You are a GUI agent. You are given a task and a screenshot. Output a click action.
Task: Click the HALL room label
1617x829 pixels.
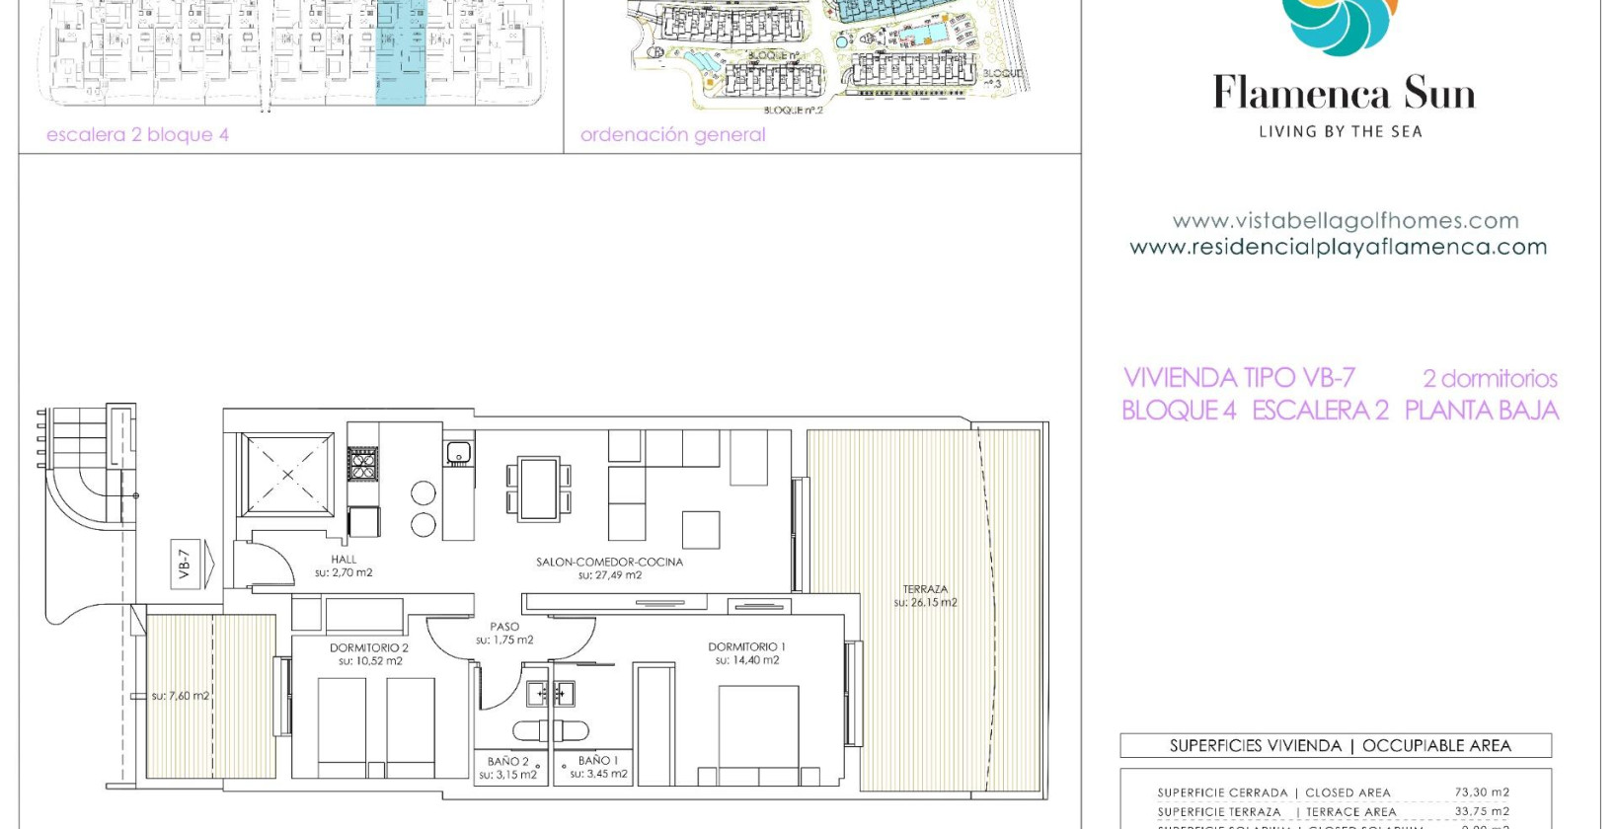(344, 560)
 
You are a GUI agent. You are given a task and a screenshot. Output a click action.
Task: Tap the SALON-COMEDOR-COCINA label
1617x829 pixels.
(609, 562)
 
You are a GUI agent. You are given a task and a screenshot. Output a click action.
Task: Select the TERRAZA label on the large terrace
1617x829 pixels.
(925, 589)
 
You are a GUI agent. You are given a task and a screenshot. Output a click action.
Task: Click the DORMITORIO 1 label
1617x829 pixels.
(746, 647)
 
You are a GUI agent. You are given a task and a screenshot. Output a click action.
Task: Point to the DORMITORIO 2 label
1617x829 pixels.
(369, 648)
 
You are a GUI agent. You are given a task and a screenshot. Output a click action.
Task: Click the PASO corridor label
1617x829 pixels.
(504, 627)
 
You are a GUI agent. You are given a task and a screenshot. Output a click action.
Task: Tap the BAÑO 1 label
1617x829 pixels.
(598, 761)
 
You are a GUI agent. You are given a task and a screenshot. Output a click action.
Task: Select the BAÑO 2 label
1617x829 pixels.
(507, 762)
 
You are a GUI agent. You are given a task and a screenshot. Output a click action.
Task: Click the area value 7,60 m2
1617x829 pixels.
(181, 696)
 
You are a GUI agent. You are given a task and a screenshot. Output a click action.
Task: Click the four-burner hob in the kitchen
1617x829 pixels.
(363, 463)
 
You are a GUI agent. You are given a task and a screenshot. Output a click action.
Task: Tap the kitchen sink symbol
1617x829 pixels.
(457, 453)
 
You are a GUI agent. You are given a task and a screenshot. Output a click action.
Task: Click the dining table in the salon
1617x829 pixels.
(539, 488)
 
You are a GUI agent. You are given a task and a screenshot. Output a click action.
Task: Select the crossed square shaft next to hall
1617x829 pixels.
(287, 474)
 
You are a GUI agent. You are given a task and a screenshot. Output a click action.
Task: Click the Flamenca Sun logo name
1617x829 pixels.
(1344, 94)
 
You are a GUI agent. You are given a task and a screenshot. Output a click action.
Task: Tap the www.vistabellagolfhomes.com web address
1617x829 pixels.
(1345, 221)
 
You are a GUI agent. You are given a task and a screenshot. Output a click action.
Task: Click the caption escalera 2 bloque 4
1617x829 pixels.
(137, 135)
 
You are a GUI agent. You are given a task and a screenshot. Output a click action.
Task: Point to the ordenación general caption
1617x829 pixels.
(672, 135)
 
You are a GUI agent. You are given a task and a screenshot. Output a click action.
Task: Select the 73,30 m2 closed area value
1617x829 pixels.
(1481, 792)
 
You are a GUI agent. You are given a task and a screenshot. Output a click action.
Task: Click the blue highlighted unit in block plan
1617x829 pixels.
(401, 54)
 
